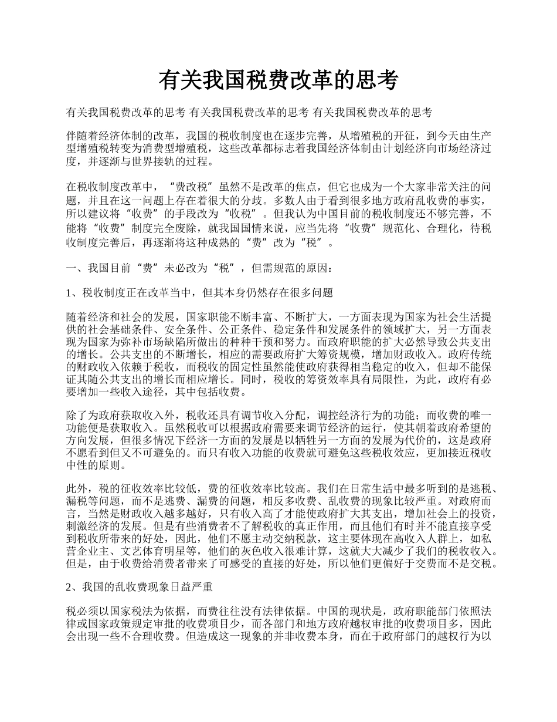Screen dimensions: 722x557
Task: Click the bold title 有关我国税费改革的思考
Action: [x=278, y=80]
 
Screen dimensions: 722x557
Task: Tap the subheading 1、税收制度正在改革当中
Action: [x=200, y=292]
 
